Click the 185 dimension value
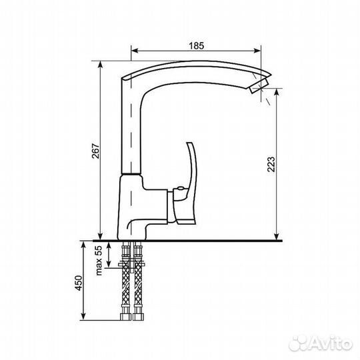tap(196, 46)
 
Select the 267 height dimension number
tap(95, 151)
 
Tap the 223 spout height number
tap(271, 164)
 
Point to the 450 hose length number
tap(79, 283)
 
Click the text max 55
tap(98, 261)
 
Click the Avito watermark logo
tap(321, 343)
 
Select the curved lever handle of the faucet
tap(186, 184)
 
